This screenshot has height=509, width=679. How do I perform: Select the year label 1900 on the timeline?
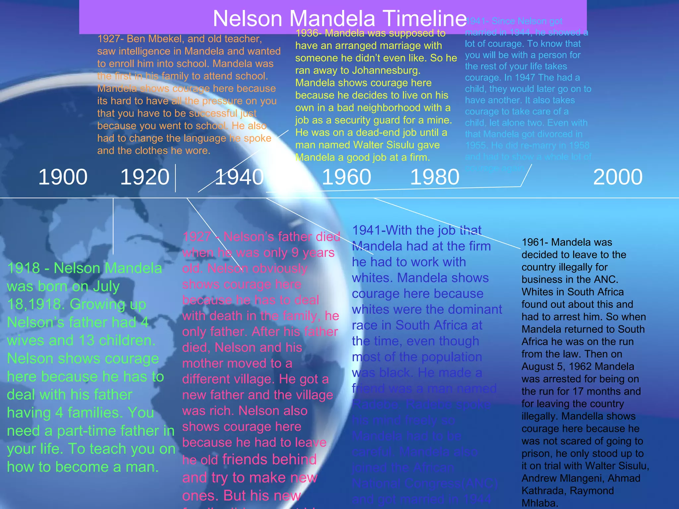click(x=63, y=177)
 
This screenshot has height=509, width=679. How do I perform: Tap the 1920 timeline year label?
click(x=145, y=177)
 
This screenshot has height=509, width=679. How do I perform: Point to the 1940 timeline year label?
click(x=239, y=177)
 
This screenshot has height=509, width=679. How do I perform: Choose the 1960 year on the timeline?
click(x=346, y=177)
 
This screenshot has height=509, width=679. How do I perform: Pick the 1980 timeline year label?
click(x=435, y=177)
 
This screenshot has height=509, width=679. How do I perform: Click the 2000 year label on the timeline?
click(x=618, y=177)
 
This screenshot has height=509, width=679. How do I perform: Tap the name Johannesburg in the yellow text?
click(x=386, y=71)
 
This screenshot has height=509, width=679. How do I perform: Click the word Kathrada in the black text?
click(x=540, y=491)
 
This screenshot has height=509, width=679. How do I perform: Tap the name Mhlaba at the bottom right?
click(x=538, y=503)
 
